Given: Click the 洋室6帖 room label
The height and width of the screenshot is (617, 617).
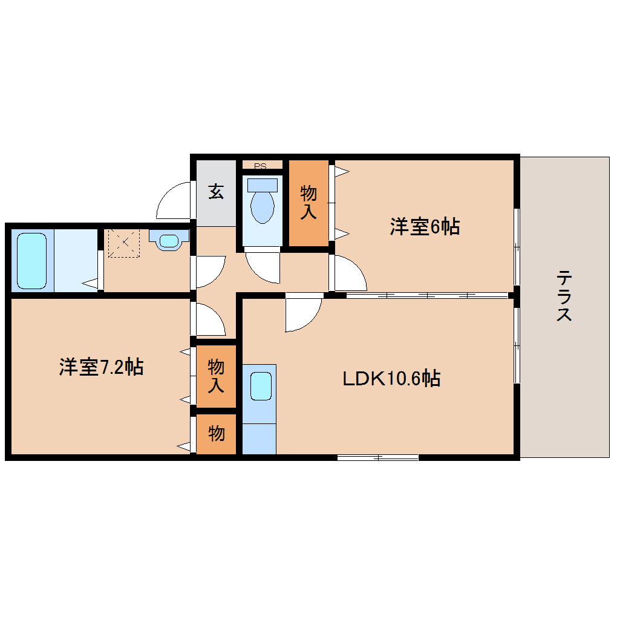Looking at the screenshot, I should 424,227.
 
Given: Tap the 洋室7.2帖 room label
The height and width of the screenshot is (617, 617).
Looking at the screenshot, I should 101,367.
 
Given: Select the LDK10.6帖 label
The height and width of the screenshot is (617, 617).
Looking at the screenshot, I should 391,379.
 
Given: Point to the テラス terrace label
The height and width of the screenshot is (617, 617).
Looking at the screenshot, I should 564,296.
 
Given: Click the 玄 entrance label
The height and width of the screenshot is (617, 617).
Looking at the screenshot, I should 216,192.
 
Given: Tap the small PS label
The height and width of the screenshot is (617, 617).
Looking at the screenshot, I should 261,165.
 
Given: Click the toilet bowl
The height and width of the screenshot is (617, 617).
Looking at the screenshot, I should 262,204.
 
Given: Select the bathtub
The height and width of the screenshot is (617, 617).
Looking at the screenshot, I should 31,261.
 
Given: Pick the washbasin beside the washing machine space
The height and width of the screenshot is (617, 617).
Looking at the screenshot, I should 169,241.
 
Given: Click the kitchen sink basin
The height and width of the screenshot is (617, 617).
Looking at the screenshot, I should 261,386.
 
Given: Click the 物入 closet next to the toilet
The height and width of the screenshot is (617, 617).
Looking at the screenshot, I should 308,203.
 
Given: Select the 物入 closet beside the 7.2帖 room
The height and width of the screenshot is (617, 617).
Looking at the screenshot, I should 216,375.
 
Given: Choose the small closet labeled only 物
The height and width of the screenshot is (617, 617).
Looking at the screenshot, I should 216,434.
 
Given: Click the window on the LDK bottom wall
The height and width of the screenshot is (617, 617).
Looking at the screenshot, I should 377,457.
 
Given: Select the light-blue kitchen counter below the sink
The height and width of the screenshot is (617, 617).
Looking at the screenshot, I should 259,439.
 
